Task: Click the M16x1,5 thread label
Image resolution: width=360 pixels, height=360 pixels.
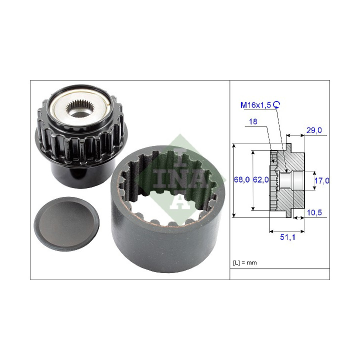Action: tap(255, 105)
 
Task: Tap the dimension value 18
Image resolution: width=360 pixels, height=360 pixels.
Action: tap(253, 121)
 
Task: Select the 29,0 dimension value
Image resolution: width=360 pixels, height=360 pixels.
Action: tap(314, 130)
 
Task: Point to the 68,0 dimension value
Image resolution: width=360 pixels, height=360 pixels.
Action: tap(241, 179)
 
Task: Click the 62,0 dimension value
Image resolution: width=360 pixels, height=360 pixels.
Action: tap(260, 179)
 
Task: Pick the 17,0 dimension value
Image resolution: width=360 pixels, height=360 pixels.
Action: tap(321, 180)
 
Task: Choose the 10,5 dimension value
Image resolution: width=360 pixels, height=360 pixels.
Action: tap(314, 212)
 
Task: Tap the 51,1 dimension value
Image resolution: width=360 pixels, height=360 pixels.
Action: tap(287, 237)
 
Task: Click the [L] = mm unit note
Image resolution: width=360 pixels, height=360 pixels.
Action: tap(244, 262)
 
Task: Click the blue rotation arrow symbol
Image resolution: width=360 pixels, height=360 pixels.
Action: tap(276, 104)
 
